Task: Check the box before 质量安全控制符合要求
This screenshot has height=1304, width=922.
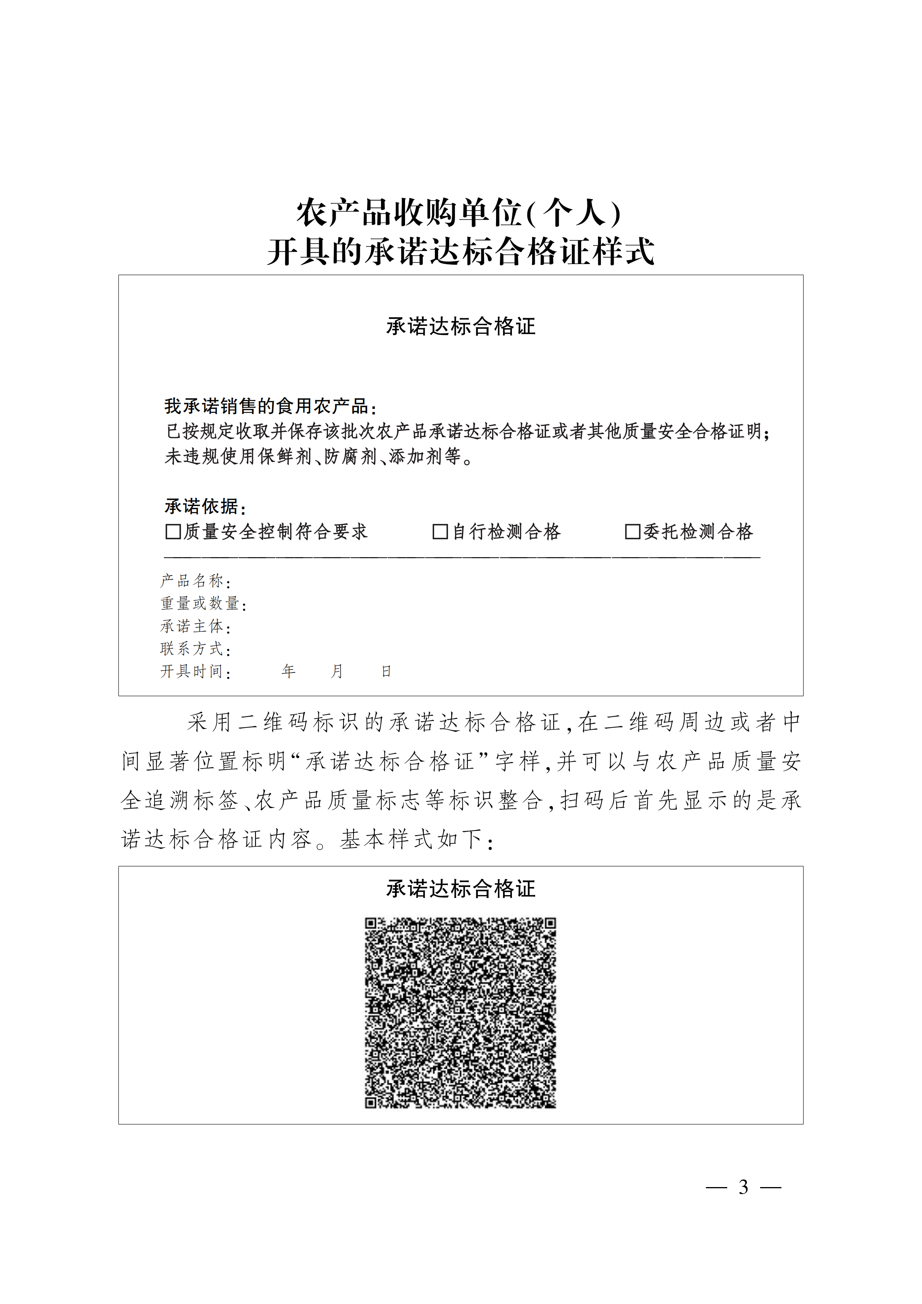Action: click(x=173, y=532)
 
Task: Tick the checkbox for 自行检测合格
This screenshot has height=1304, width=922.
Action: click(x=440, y=532)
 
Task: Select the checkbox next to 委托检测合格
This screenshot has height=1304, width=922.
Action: click(x=632, y=532)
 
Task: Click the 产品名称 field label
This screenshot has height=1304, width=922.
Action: click(x=192, y=581)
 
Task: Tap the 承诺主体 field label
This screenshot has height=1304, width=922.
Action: click(x=192, y=626)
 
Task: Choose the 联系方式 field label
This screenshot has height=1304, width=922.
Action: click(x=192, y=649)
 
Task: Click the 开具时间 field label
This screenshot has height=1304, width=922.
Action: click(x=192, y=671)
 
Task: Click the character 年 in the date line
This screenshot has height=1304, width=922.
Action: click(x=288, y=671)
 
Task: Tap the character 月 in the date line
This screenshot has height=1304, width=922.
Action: click(x=337, y=671)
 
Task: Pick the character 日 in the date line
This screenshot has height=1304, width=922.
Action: click(x=386, y=671)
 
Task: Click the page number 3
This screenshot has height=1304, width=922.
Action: click(x=743, y=1187)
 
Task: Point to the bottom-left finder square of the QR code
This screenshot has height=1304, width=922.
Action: click(x=371, y=1102)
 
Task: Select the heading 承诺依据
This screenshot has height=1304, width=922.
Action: click(x=202, y=506)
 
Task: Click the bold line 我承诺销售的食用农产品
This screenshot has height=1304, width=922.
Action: click(x=267, y=406)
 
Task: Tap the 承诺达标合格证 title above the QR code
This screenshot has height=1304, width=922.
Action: click(x=461, y=889)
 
